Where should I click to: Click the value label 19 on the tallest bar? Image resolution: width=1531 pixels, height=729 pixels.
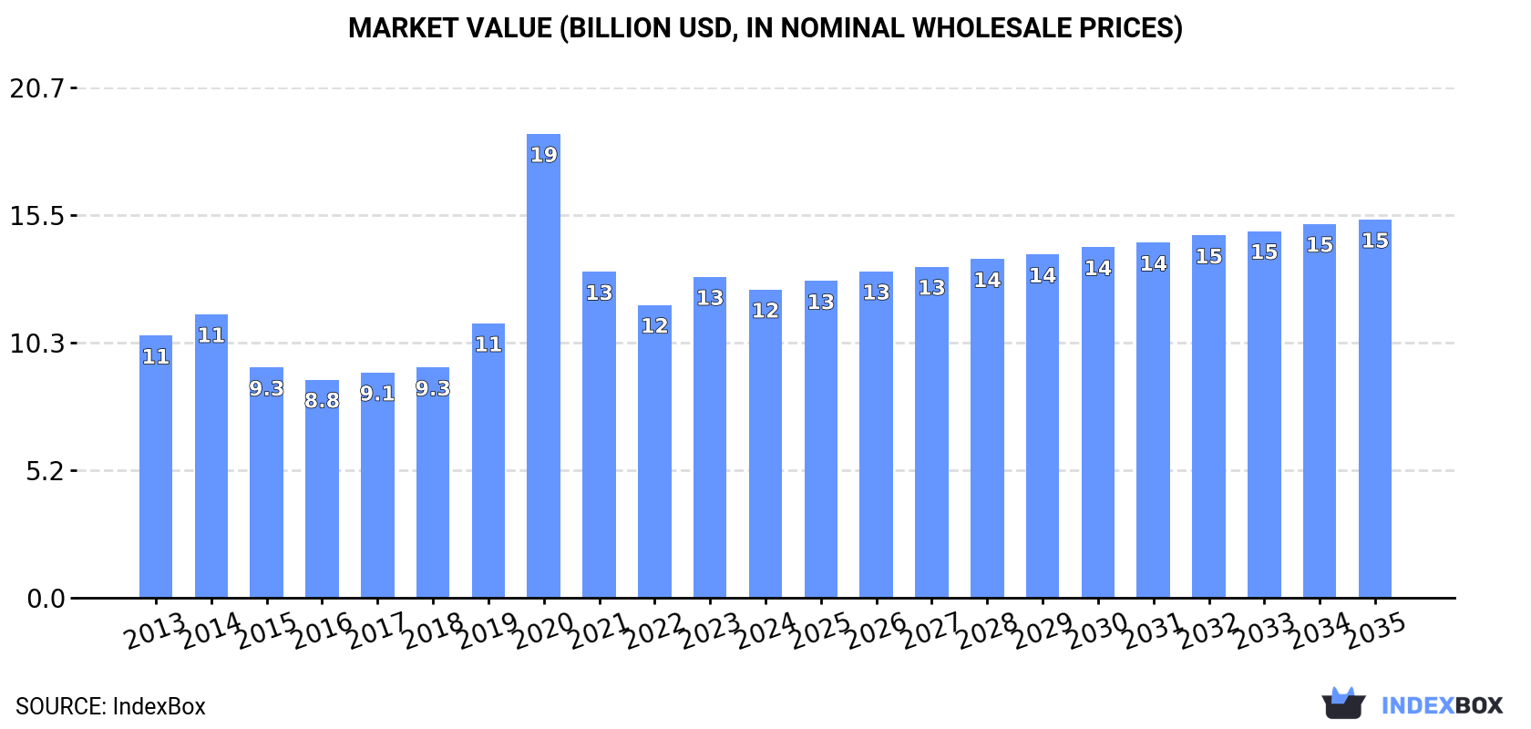[544, 155]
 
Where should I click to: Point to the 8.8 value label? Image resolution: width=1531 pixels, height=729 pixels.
[322, 401]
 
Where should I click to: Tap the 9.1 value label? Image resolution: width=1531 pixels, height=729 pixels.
[377, 394]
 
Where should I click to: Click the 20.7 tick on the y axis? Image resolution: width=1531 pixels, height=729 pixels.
[37, 88]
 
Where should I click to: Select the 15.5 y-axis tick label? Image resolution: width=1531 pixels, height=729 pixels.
[37, 216]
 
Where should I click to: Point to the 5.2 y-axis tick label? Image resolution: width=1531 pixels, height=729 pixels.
[45, 471]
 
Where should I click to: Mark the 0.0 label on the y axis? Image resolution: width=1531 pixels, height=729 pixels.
[46, 599]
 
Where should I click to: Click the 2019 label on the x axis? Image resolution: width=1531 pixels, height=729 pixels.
[488, 631]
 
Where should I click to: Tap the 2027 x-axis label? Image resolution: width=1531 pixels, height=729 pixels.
[931, 631]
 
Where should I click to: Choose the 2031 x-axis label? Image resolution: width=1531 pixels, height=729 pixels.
[1153, 631]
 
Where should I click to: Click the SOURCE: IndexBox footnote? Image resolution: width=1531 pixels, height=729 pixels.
[110, 706]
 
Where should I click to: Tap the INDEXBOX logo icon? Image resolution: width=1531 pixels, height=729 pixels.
[1343, 703]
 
